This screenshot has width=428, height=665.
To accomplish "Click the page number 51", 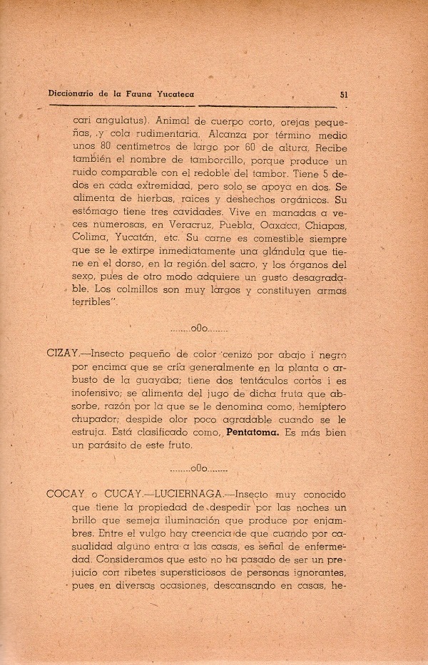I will [344, 93].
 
